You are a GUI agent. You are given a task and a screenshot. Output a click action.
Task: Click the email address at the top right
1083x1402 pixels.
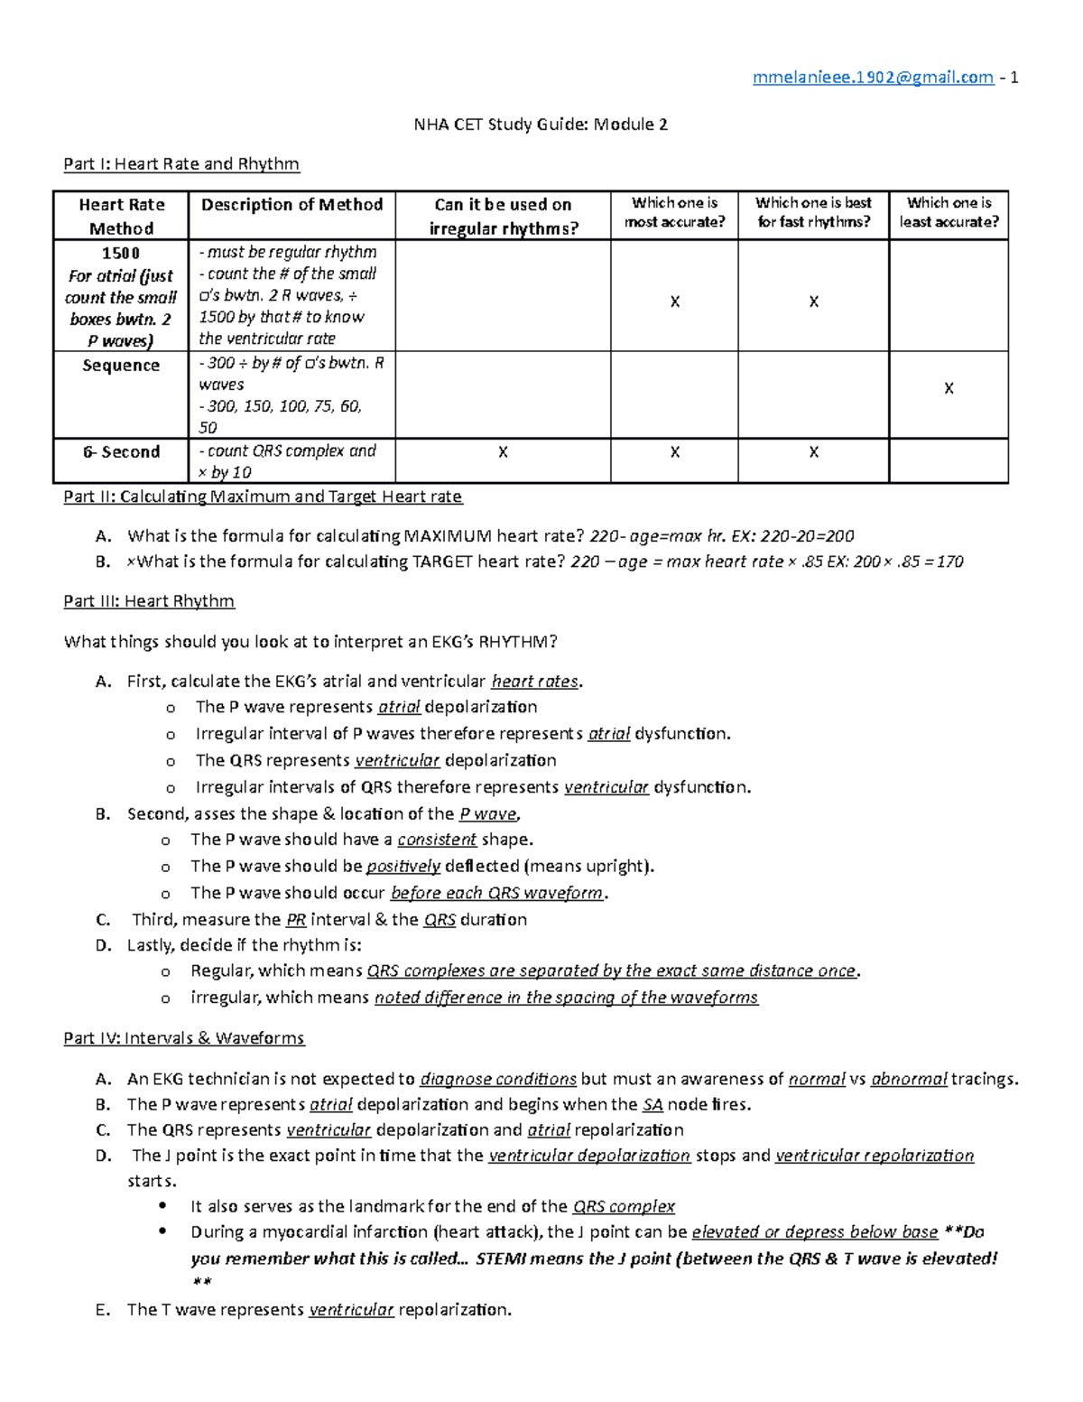[x=873, y=78]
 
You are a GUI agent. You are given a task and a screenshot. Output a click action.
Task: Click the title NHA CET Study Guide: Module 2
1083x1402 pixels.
[x=541, y=125]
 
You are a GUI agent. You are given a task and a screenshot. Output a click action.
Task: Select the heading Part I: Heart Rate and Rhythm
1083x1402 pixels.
[x=181, y=163]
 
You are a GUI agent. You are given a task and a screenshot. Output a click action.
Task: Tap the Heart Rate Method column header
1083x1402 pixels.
[x=121, y=216]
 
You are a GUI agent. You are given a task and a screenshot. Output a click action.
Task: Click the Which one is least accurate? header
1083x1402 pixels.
[x=949, y=212]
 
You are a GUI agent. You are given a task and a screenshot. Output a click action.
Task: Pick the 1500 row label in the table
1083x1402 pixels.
[x=121, y=253]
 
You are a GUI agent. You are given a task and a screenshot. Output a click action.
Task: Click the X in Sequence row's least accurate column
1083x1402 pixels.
[x=949, y=388]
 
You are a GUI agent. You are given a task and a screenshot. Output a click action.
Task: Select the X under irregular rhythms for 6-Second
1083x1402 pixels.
[x=503, y=452]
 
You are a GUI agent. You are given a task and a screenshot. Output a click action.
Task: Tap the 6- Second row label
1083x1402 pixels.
[x=121, y=451]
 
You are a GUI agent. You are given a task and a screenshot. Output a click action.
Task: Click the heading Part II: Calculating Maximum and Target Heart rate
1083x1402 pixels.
[x=263, y=497]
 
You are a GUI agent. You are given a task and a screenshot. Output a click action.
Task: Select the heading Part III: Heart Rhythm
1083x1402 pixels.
[x=149, y=601]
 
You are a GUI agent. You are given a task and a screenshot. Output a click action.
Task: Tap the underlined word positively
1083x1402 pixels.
[x=403, y=867]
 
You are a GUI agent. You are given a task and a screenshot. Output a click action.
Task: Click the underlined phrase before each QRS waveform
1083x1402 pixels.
[x=496, y=893]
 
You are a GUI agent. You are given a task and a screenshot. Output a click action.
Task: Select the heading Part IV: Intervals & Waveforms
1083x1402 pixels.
[x=184, y=1038]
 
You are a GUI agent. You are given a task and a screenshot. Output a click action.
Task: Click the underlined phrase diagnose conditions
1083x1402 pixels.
[x=498, y=1079]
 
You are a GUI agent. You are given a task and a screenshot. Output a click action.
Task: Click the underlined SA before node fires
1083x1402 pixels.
[x=653, y=1104]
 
